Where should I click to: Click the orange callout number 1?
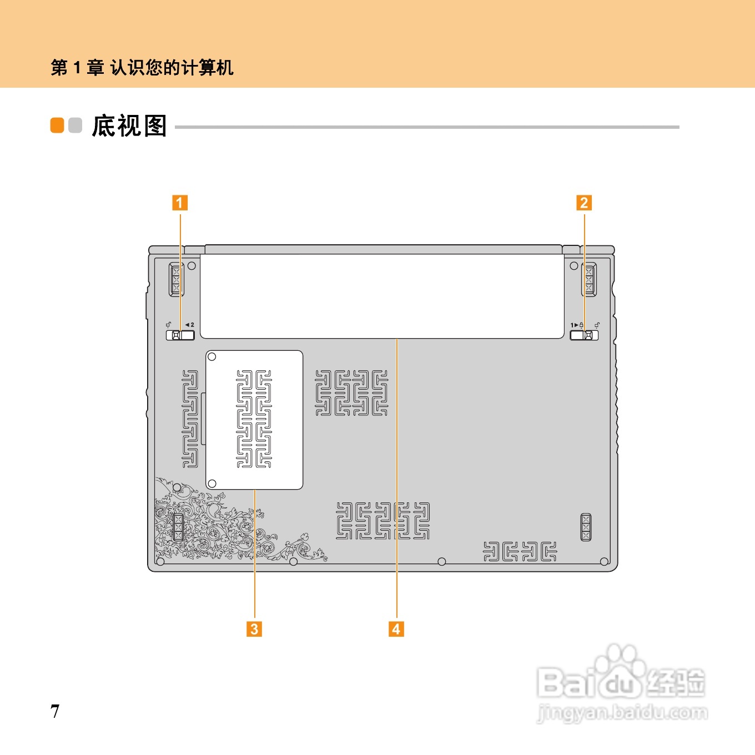point(179,203)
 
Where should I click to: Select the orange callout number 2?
point(583,203)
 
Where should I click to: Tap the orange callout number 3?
point(254,629)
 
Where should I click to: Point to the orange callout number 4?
point(396,629)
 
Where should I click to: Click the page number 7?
point(55,711)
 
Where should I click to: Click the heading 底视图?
point(129,126)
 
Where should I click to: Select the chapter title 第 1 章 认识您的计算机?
point(142,68)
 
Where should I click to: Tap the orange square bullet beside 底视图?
point(57,125)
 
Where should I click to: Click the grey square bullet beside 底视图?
point(75,125)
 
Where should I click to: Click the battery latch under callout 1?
point(180,335)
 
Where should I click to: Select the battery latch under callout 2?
point(585,335)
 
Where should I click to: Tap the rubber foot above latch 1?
point(177,280)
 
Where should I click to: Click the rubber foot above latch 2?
point(588,280)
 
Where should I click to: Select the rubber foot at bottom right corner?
point(586,527)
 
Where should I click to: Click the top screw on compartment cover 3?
point(212,357)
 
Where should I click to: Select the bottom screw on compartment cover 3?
point(212,484)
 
